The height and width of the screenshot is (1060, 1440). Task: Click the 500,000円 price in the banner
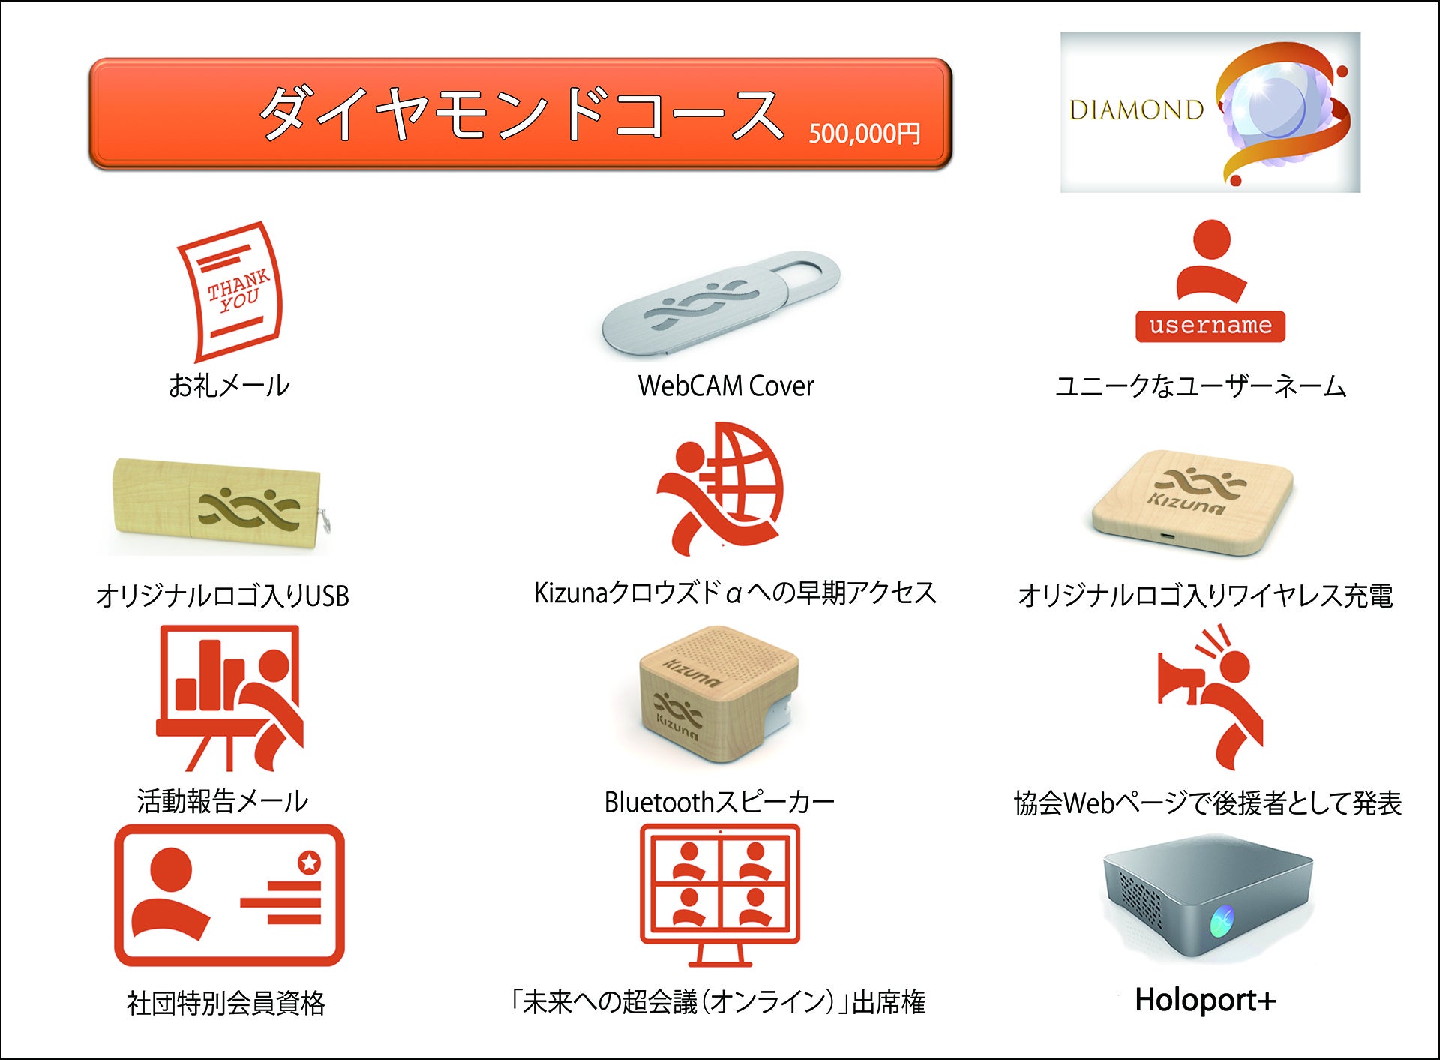click(x=865, y=134)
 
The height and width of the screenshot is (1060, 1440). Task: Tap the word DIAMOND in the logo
click(x=1136, y=110)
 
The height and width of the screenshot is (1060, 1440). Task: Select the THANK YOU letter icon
click(x=230, y=291)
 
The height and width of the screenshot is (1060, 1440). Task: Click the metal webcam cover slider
click(x=721, y=303)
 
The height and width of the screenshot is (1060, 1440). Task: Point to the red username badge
click(x=1210, y=326)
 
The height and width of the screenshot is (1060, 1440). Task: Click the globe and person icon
click(x=719, y=488)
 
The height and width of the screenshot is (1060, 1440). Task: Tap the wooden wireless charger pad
click(x=1192, y=503)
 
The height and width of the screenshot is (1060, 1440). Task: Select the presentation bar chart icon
click(x=229, y=698)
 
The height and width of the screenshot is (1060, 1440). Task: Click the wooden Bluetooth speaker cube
click(x=718, y=704)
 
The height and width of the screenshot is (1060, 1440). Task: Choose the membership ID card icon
click(x=229, y=895)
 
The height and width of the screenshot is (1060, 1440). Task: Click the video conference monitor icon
click(x=720, y=895)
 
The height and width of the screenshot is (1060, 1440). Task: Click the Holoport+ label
click(x=1205, y=1000)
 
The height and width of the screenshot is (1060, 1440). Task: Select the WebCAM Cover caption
click(x=726, y=386)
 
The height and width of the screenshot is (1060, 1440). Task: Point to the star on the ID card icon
click(x=309, y=863)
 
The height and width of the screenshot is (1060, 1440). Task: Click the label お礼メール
click(x=229, y=386)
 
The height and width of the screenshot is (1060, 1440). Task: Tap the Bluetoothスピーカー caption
click(x=719, y=802)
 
